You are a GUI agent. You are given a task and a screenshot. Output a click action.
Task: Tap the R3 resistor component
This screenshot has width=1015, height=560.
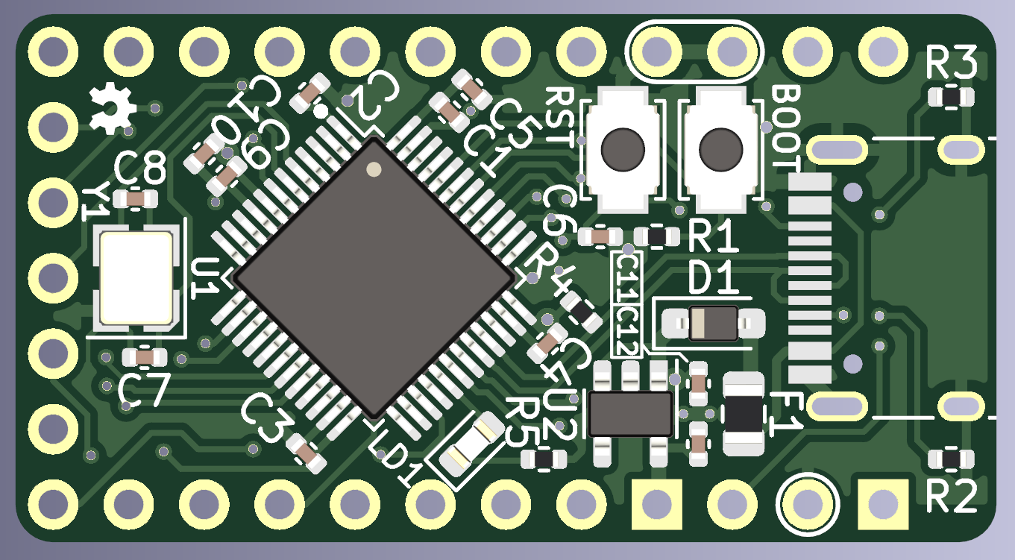(x=951, y=97)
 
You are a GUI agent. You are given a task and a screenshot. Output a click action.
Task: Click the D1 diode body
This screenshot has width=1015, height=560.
(x=713, y=323)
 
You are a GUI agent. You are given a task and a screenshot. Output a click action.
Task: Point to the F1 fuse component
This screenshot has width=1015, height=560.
(x=743, y=415)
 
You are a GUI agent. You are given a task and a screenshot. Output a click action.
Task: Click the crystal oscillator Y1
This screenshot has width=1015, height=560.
(x=137, y=277)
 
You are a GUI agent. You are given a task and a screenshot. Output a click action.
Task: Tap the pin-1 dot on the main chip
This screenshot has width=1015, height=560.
(x=374, y=169)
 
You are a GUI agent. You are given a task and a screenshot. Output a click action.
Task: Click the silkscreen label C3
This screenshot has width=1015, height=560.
(x=264, y=418)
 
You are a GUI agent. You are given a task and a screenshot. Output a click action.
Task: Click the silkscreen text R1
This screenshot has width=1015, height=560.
(x=712, y=239)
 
